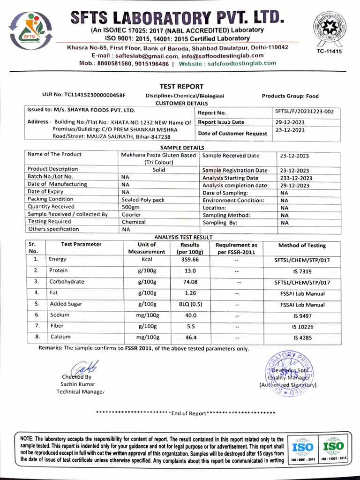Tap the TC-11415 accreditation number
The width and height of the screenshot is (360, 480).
tap(329, 51)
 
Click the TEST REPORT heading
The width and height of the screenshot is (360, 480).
tap(181, 86)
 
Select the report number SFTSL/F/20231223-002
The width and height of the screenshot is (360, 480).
tap(305, 112)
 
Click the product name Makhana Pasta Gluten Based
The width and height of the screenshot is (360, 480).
tap(158, 155)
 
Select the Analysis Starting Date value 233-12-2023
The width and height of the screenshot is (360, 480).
tap(294, 178)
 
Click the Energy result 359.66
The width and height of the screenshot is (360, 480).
tap(190, 259)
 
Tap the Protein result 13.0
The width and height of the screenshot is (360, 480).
tap(190, 271)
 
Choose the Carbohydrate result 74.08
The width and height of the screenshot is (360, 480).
tap(190, 282)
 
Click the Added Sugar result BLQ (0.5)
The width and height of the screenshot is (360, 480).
tap(190, 304)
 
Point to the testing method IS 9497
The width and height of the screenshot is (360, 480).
tap(302, 316)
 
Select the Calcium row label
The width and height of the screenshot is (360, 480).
tap(60, 337)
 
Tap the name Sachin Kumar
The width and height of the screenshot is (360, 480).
tap(78, 384)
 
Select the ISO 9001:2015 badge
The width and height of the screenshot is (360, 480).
tap(302, 449)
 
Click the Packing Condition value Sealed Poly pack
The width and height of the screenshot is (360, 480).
tap(143, 200)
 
